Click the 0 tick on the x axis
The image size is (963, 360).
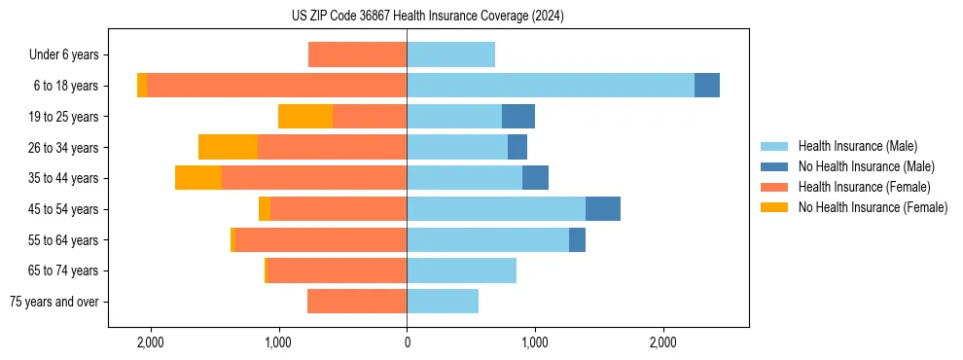(407, 342)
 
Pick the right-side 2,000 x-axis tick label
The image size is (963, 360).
(662, 342)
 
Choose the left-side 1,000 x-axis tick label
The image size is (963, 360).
(278, 342)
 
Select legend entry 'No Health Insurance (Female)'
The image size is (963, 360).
(873, 207)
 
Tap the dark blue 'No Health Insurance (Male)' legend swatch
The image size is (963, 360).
(774, 166)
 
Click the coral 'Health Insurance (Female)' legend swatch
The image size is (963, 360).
(774, 187)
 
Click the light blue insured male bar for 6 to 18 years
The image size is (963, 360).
(550, 86)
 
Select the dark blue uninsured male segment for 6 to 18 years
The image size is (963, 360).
(707, 86)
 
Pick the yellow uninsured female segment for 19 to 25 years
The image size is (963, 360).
(305, 117)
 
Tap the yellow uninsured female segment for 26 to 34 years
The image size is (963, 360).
(228, 147)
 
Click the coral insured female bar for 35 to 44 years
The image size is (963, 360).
(314, 178)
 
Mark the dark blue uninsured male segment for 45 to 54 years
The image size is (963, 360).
(603, 209)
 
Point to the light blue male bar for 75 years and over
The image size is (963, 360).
(443, 302)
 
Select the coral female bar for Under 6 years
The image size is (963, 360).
(357, 55)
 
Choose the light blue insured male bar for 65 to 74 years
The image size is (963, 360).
(461, 270)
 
